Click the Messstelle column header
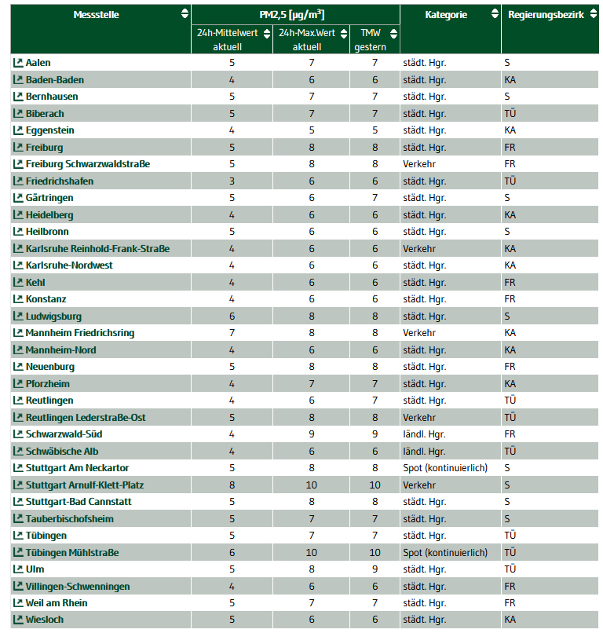96,14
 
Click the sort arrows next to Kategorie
495,14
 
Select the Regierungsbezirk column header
546,14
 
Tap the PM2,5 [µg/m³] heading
292,14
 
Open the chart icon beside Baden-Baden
18,79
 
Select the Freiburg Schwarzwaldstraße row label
87,164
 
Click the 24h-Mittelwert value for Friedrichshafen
232,181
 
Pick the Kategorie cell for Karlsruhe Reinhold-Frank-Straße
419,249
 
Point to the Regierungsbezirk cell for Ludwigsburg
507,317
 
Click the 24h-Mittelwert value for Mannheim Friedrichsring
232,333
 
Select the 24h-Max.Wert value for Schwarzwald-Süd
312,434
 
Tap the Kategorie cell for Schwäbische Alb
424,452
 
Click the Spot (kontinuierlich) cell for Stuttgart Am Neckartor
445,468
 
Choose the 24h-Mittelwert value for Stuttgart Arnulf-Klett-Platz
232,485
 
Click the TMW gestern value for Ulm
375,569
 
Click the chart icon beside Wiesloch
18,620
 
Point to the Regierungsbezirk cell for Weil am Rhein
510,603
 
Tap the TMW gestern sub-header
370,39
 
